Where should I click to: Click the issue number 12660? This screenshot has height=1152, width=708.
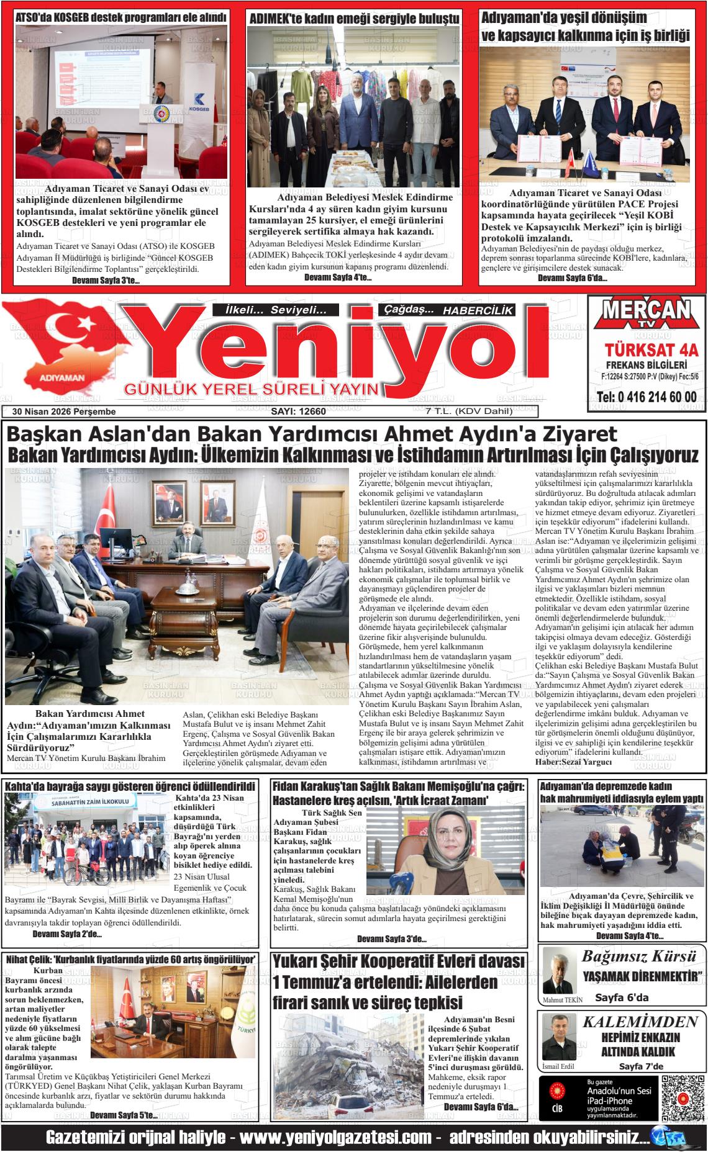tap(299, 411)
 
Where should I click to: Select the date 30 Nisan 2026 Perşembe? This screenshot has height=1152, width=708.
tap(60, 411)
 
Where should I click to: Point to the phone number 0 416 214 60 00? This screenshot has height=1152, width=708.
tap(647, 397)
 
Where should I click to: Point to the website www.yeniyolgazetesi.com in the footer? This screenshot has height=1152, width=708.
tap(335, 1137)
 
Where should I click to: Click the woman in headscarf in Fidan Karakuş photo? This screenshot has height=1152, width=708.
tap(443, 853)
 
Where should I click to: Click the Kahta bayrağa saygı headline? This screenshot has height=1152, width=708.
tap(130, 786)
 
